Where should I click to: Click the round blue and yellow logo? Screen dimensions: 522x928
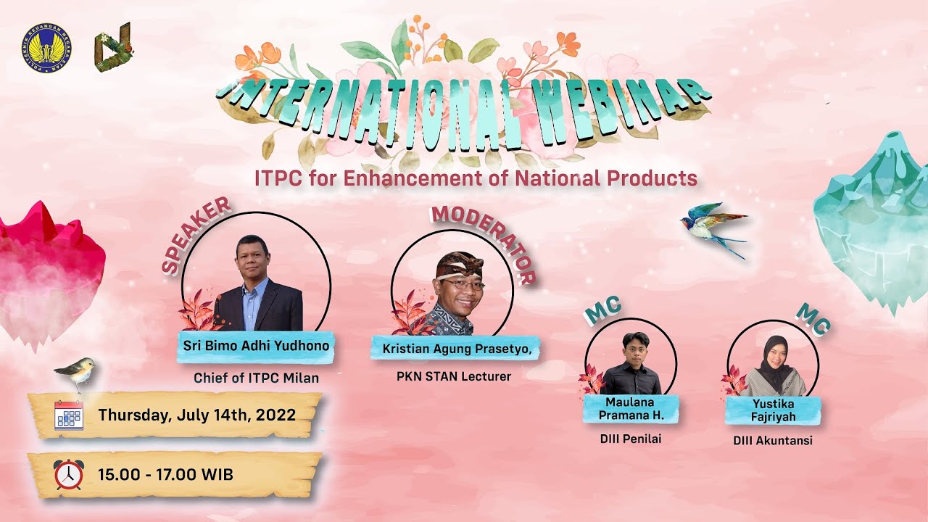pyautogui.click(x=46, y=49)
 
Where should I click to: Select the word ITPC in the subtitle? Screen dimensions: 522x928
pyautogui.click(x=278, y=178)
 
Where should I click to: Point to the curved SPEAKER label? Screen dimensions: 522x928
pyautogui.click(x=195, y=236)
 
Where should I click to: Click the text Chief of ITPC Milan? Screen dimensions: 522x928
pyautogui.click(x=256, y=378)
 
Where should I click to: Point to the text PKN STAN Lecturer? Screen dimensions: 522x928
pyautogui.click(x=454, y=376)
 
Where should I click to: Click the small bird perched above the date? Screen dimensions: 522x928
pyautogui.click(x=76, y=370)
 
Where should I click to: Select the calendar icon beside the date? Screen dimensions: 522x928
pyautogui.click(x=69, y=415)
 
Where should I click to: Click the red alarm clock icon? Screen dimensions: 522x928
pyautogui.click(x=68, y=475)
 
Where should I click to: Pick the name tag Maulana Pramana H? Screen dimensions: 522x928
pyautogui.click(x=630, y=408)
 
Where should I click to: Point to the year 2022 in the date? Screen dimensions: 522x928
pyautogui.click(x=272, y=415)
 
